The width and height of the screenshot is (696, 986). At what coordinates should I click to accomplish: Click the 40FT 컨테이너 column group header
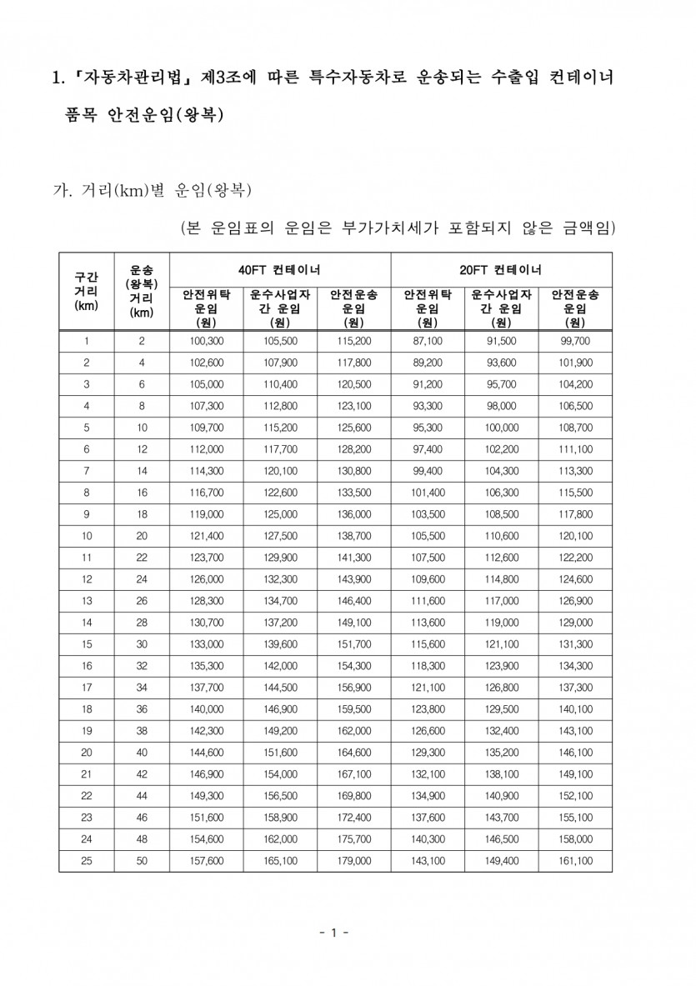[280, 270]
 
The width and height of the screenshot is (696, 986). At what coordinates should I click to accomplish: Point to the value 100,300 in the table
[206, 341]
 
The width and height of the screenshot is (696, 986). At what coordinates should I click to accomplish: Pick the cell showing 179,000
[354, 860]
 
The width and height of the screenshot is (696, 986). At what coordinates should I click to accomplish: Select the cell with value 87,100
[428, 341]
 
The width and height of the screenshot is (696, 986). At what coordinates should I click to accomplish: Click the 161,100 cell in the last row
[575, 860]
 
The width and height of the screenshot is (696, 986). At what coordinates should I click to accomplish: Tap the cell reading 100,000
[501, 428]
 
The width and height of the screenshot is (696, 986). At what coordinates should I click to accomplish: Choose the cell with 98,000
[501, 406]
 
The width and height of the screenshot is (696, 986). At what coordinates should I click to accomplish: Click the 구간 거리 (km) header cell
[86, 291]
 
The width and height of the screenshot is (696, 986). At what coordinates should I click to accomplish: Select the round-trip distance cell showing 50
[142, 860]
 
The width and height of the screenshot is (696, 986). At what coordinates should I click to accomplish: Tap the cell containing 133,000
[206, 644]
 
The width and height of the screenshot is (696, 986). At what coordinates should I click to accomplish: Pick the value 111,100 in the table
[575, 449]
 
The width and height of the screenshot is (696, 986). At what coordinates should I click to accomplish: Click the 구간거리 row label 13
[86, 601]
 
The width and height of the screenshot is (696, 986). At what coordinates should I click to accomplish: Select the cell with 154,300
[354, 666]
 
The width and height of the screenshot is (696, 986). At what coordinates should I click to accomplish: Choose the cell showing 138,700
[354, 536]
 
